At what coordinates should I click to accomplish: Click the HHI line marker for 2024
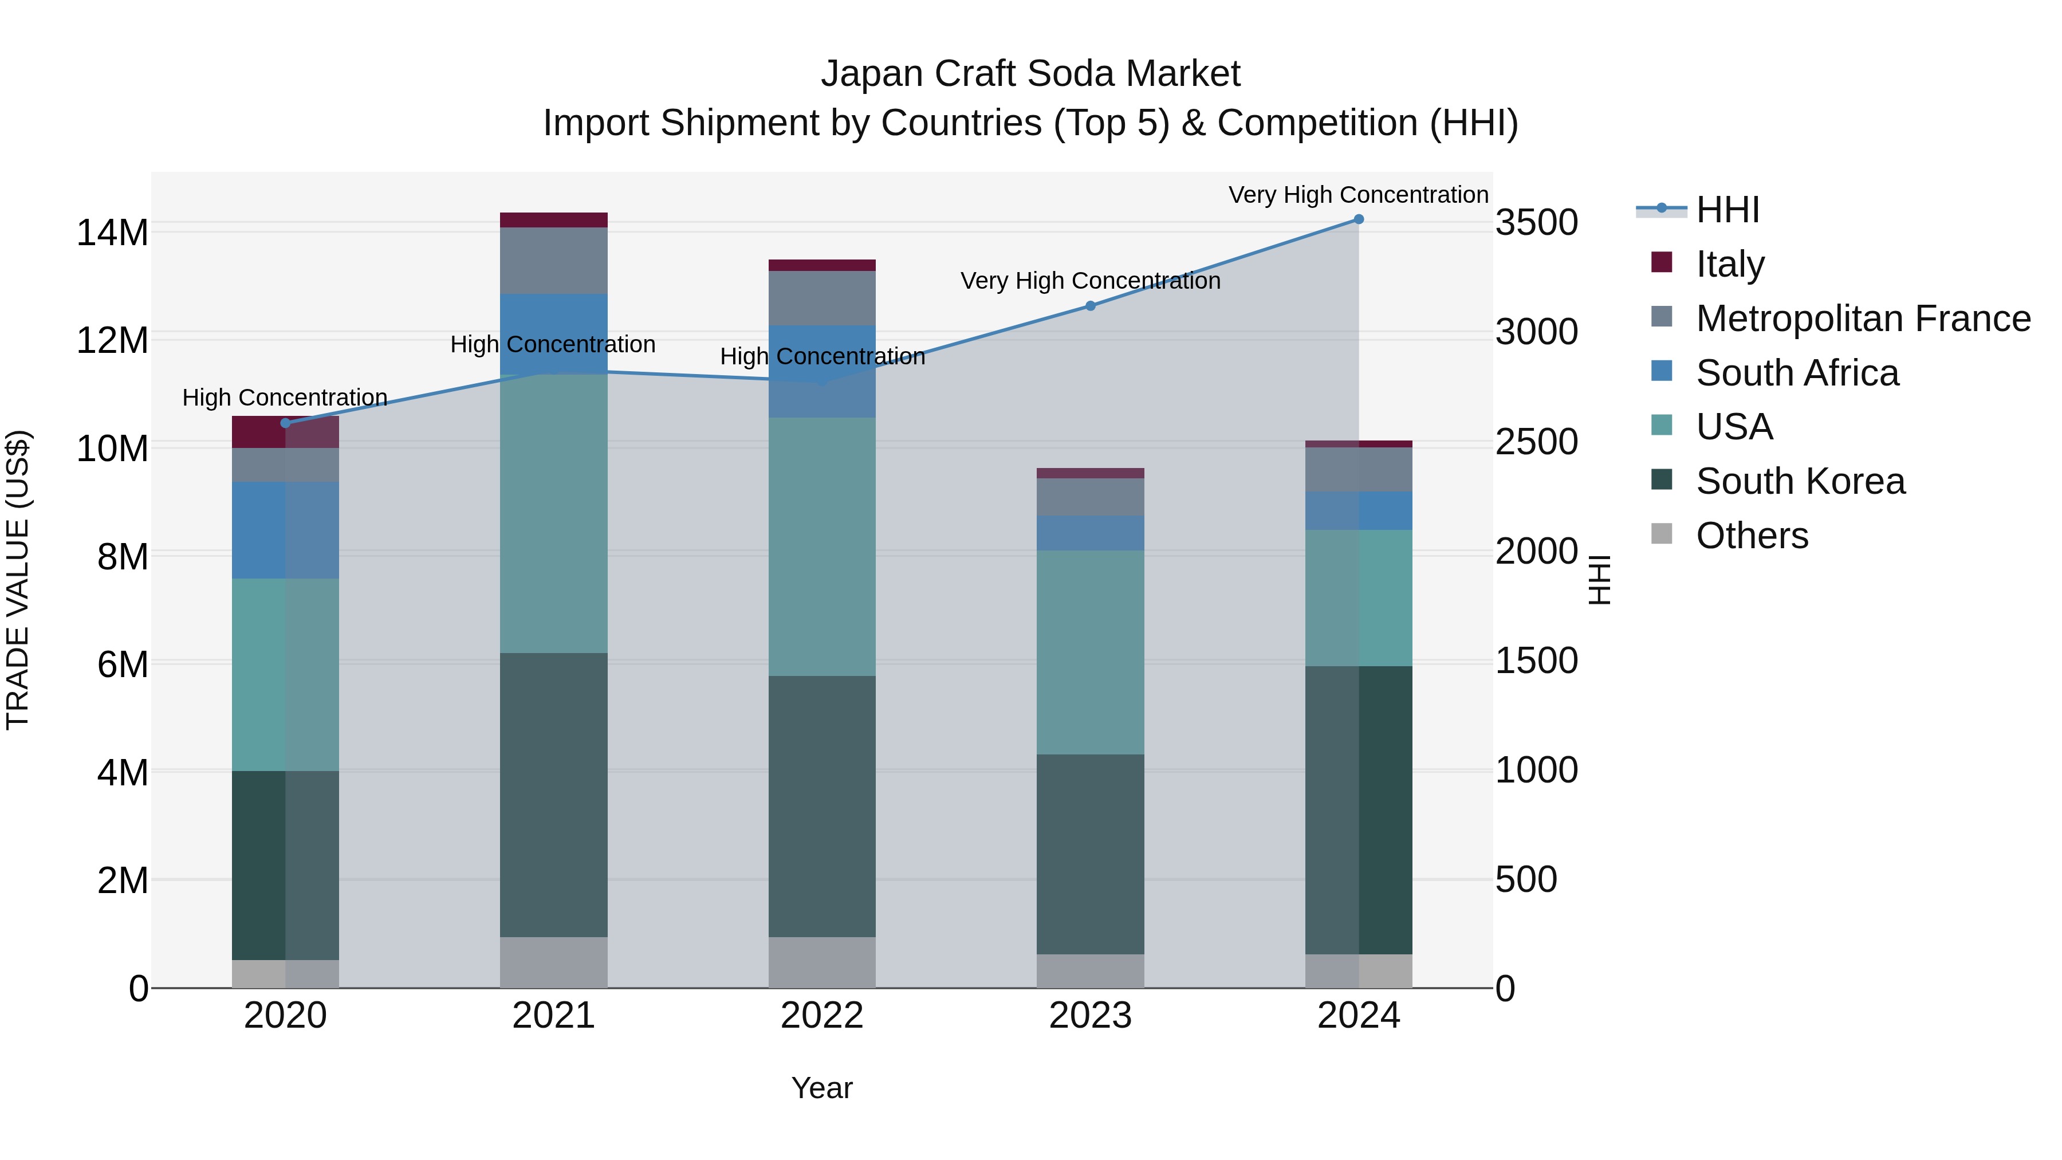pyautogui.click(x=1359, y=219)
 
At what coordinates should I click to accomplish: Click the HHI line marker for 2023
pyautogui.click(x=1090, y=306)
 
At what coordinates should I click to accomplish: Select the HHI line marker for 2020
pyautogui.click(x=286, y=423)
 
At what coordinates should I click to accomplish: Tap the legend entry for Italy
pyautogui.click(x=1729, y=264)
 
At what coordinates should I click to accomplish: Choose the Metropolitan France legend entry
pyautogui.click(x=1862, y=318)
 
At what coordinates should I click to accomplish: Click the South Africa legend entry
pyautogui.click(x=1796, y=372)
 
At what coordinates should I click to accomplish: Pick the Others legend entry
pyautogui.click(x=1752, y=535)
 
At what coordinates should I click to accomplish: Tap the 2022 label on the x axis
pyautogui.click(x=821, y=1016)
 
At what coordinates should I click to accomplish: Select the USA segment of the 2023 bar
pyautogui.click(x=1090, y=652)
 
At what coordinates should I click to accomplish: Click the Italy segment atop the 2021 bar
pyautogui.click(x=554, y=220)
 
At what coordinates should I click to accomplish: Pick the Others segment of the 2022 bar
pyautogui.click(x=821, y=962)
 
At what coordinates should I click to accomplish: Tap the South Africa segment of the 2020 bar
pyautogui.click(x=286, y=530)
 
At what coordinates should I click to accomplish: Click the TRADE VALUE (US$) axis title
pyautogui.click(x=18, y=580)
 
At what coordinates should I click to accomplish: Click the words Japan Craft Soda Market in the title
pyautogui.click(x=1030, y=74)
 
